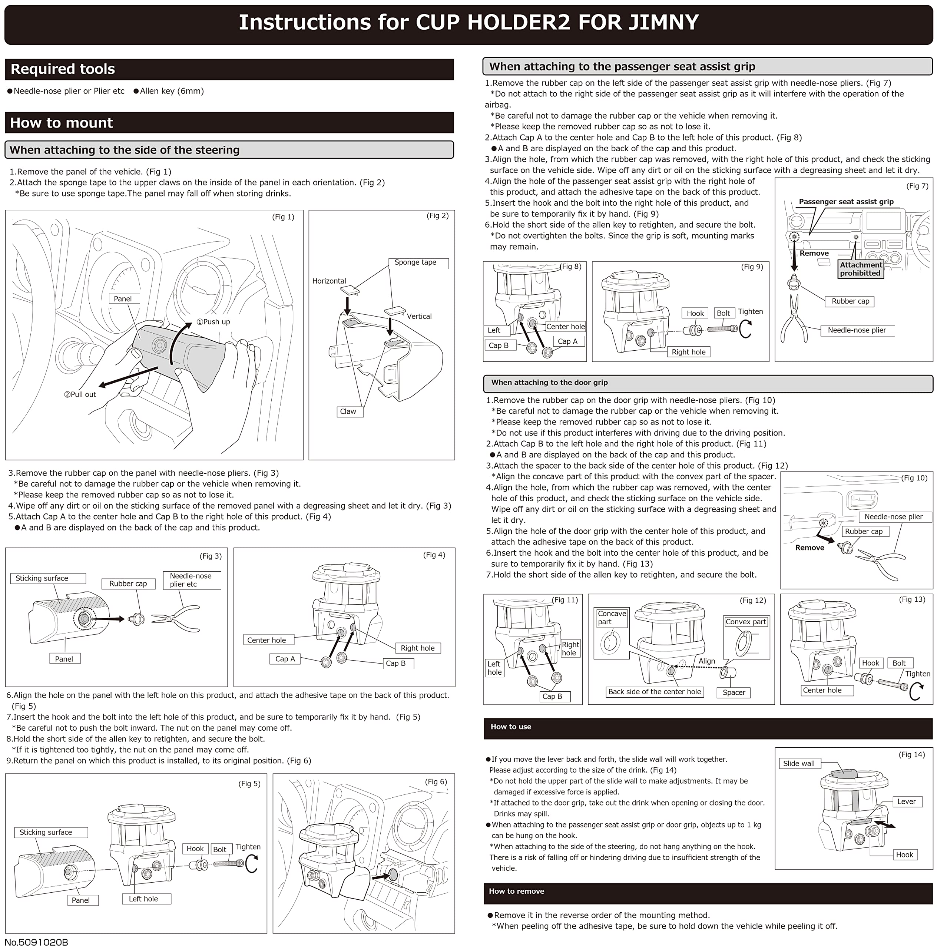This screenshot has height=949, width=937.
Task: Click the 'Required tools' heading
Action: (x=63, y=69)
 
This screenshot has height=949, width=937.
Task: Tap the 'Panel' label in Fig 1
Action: (x=123, y=299)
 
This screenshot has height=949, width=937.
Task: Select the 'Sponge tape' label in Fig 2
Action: (x=415, y=262)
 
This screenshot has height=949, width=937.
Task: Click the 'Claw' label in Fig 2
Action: (x=348, y=411)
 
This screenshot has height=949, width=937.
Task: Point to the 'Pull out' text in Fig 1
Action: (x=80, y=394)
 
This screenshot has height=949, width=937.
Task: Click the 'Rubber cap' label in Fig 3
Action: (x=128, y=583)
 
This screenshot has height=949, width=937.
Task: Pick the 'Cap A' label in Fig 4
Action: (x=285, y=659)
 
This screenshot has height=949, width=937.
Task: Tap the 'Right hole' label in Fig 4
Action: (x=417, y=648)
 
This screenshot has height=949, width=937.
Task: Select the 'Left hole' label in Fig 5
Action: (x=143, y=899)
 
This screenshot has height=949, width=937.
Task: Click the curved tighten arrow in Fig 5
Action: (x=251, y=864)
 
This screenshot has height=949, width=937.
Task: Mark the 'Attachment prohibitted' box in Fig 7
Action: (x=860, y=269)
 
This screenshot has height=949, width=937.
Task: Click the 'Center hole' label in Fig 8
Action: (x=566, y=327)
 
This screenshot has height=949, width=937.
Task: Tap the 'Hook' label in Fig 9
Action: (x=695, y=313)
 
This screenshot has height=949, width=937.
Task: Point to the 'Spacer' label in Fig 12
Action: (x=734, y=692)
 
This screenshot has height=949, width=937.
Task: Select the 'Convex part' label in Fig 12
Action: (x=745, y=622)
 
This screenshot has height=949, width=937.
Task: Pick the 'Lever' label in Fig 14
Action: (x=906, y=801)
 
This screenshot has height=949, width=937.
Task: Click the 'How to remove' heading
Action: (x=516, y=891)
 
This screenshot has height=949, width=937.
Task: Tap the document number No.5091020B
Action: (x=36, y=942)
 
